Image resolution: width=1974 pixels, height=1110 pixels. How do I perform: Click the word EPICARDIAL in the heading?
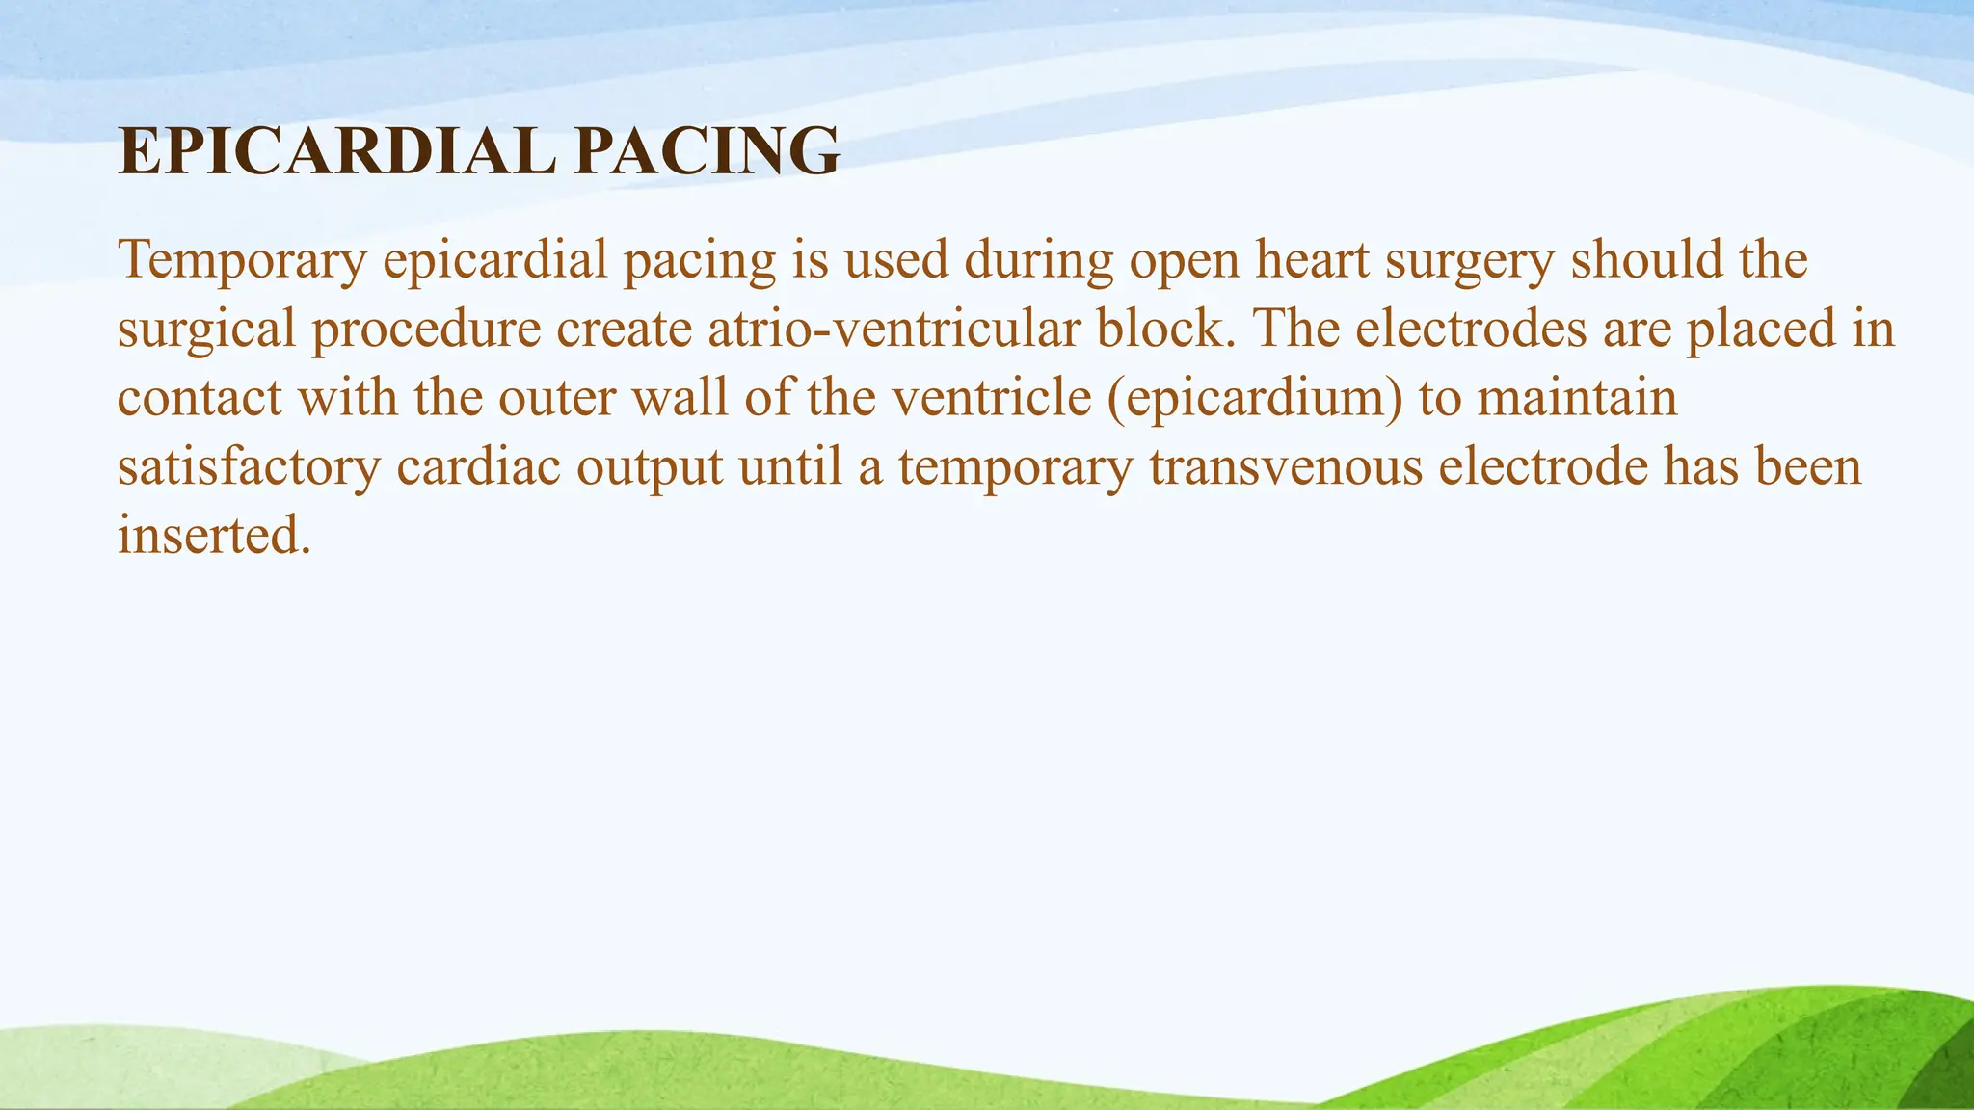tap(336, 152)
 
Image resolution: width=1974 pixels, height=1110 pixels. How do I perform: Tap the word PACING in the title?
tap(707, 152)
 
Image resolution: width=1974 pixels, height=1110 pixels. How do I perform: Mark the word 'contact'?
tap(200, 398)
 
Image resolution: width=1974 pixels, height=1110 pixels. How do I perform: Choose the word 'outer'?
tap(556, 398)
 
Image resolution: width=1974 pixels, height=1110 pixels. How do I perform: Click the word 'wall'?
tap(680, 397)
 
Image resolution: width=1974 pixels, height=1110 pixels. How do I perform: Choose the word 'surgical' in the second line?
tap(206, 330)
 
